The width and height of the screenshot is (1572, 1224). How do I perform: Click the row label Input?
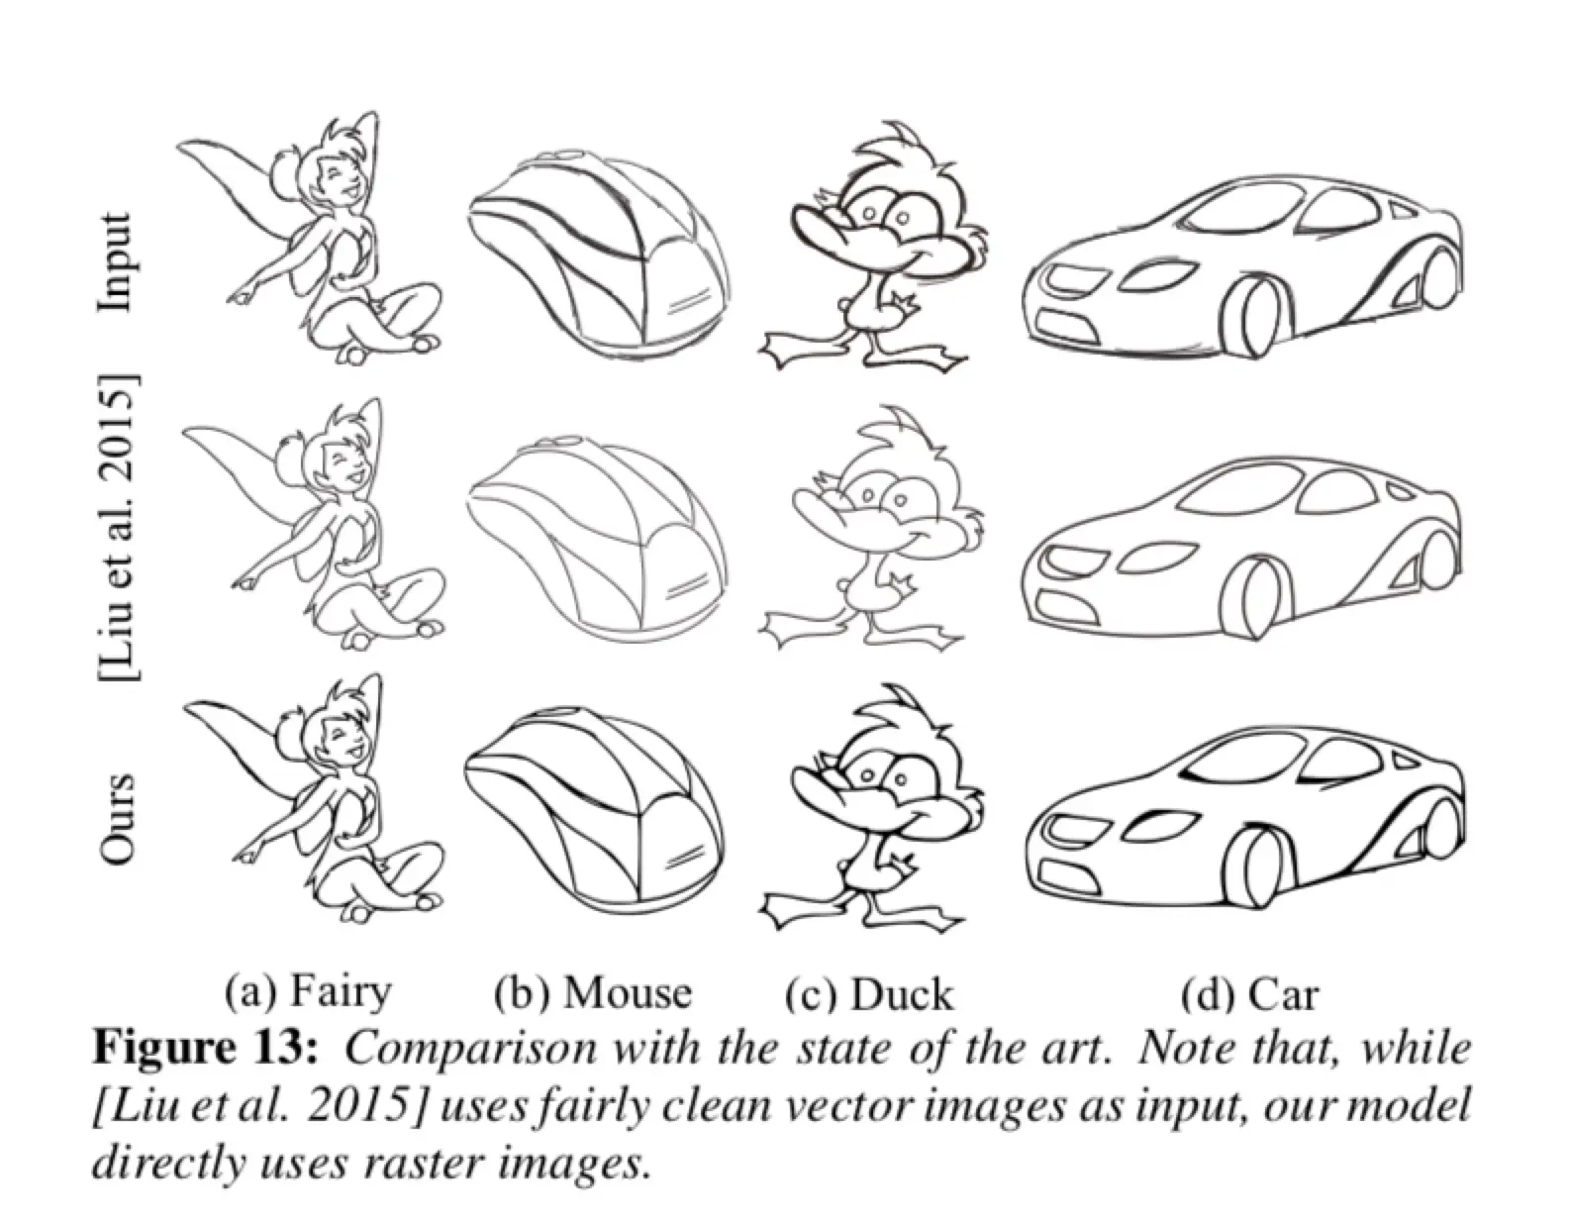pos(116,261)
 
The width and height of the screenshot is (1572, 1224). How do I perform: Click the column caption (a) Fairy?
pos(309,994)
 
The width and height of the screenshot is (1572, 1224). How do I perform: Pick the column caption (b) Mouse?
pos(593,993)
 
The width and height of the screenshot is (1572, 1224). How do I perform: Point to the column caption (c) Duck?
pos(869,993)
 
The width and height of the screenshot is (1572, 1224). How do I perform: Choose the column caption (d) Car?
pos(1249,993)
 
